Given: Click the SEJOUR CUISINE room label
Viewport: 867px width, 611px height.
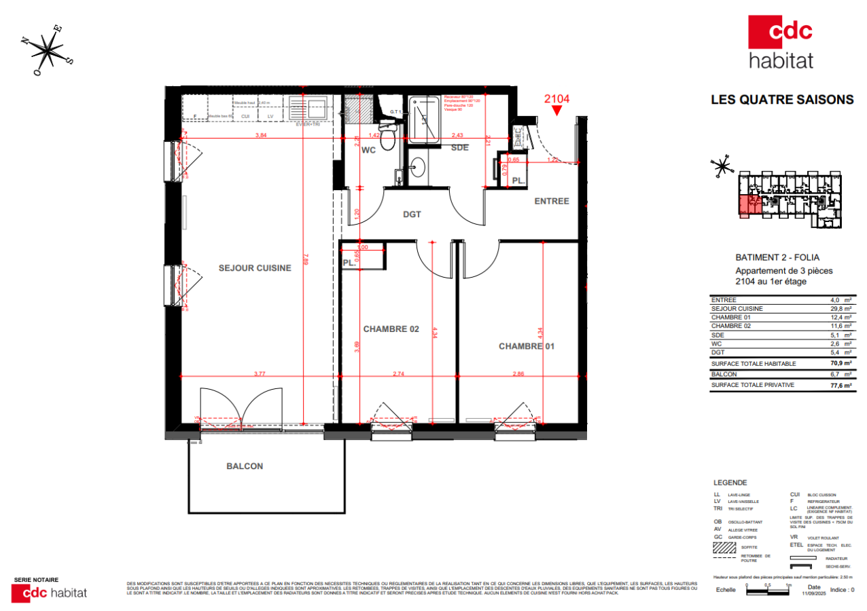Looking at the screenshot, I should pyautogui.click(x=254, y=268).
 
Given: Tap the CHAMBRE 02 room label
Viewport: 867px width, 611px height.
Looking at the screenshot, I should pyautogui.click(x=391, y=329).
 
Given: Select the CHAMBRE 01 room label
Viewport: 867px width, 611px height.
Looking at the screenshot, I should pyautogui.click(x=527, y=346).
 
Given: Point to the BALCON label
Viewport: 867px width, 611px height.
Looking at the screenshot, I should pyautogui.click(x=244, y=466).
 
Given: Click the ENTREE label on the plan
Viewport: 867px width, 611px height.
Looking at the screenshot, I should pyautogui.click(x=551, y=201).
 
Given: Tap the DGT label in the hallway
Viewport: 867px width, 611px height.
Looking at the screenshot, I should pyautogui.click(x=412, y=215).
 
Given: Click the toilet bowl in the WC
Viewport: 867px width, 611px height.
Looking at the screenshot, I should pyautogui.click(x=387, y=139).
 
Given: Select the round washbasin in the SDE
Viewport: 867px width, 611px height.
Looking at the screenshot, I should pyautogui.click(x=418, y=166).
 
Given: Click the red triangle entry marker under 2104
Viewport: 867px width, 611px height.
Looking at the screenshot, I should pyautogui.click(x=557, y=111).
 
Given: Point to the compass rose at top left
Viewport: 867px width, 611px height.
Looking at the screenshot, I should pyautogui.click(x=50, y=49).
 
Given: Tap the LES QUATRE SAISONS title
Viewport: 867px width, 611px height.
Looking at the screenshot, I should pyautogui.click(x=781, y=100).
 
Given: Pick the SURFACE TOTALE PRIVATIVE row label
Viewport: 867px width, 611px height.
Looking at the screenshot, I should pyautogui.click(x=753, y=385).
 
